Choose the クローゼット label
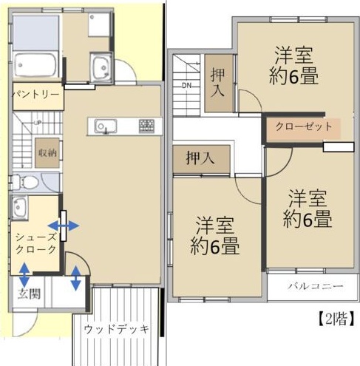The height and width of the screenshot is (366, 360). point(304,126)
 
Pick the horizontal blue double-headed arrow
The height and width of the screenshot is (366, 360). point(64,225)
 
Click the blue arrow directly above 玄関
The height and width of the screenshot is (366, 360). point(24,277)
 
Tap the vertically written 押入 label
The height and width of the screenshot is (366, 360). point(218,84)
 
